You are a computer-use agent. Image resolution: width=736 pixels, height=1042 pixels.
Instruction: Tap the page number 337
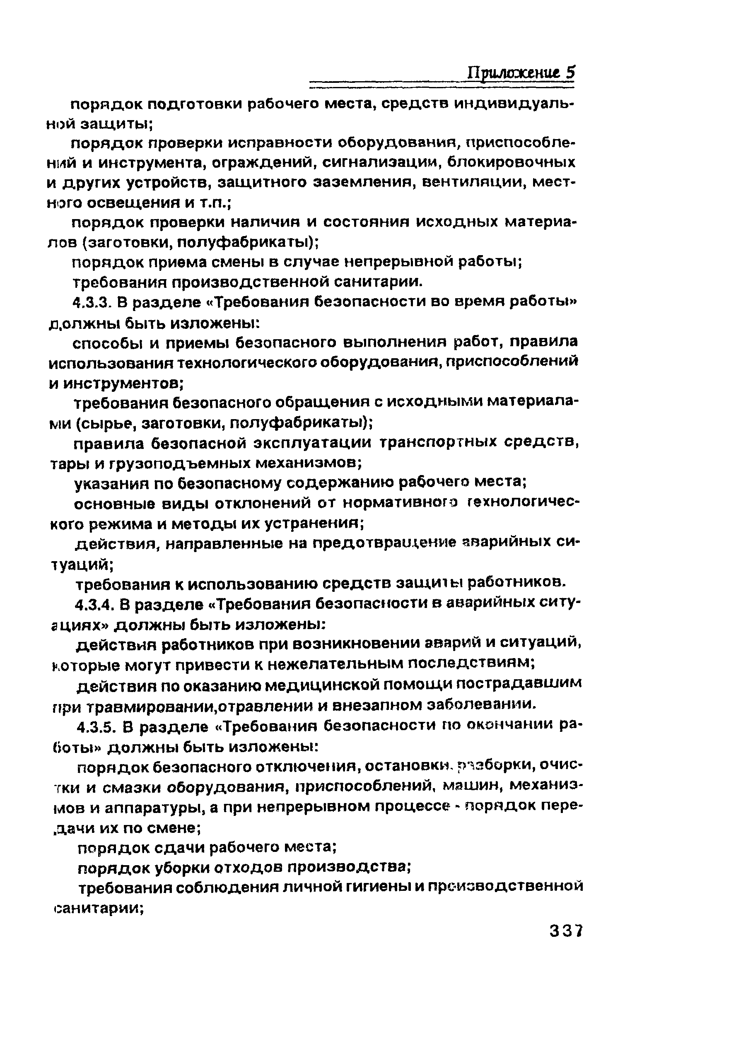coord(565,931)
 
